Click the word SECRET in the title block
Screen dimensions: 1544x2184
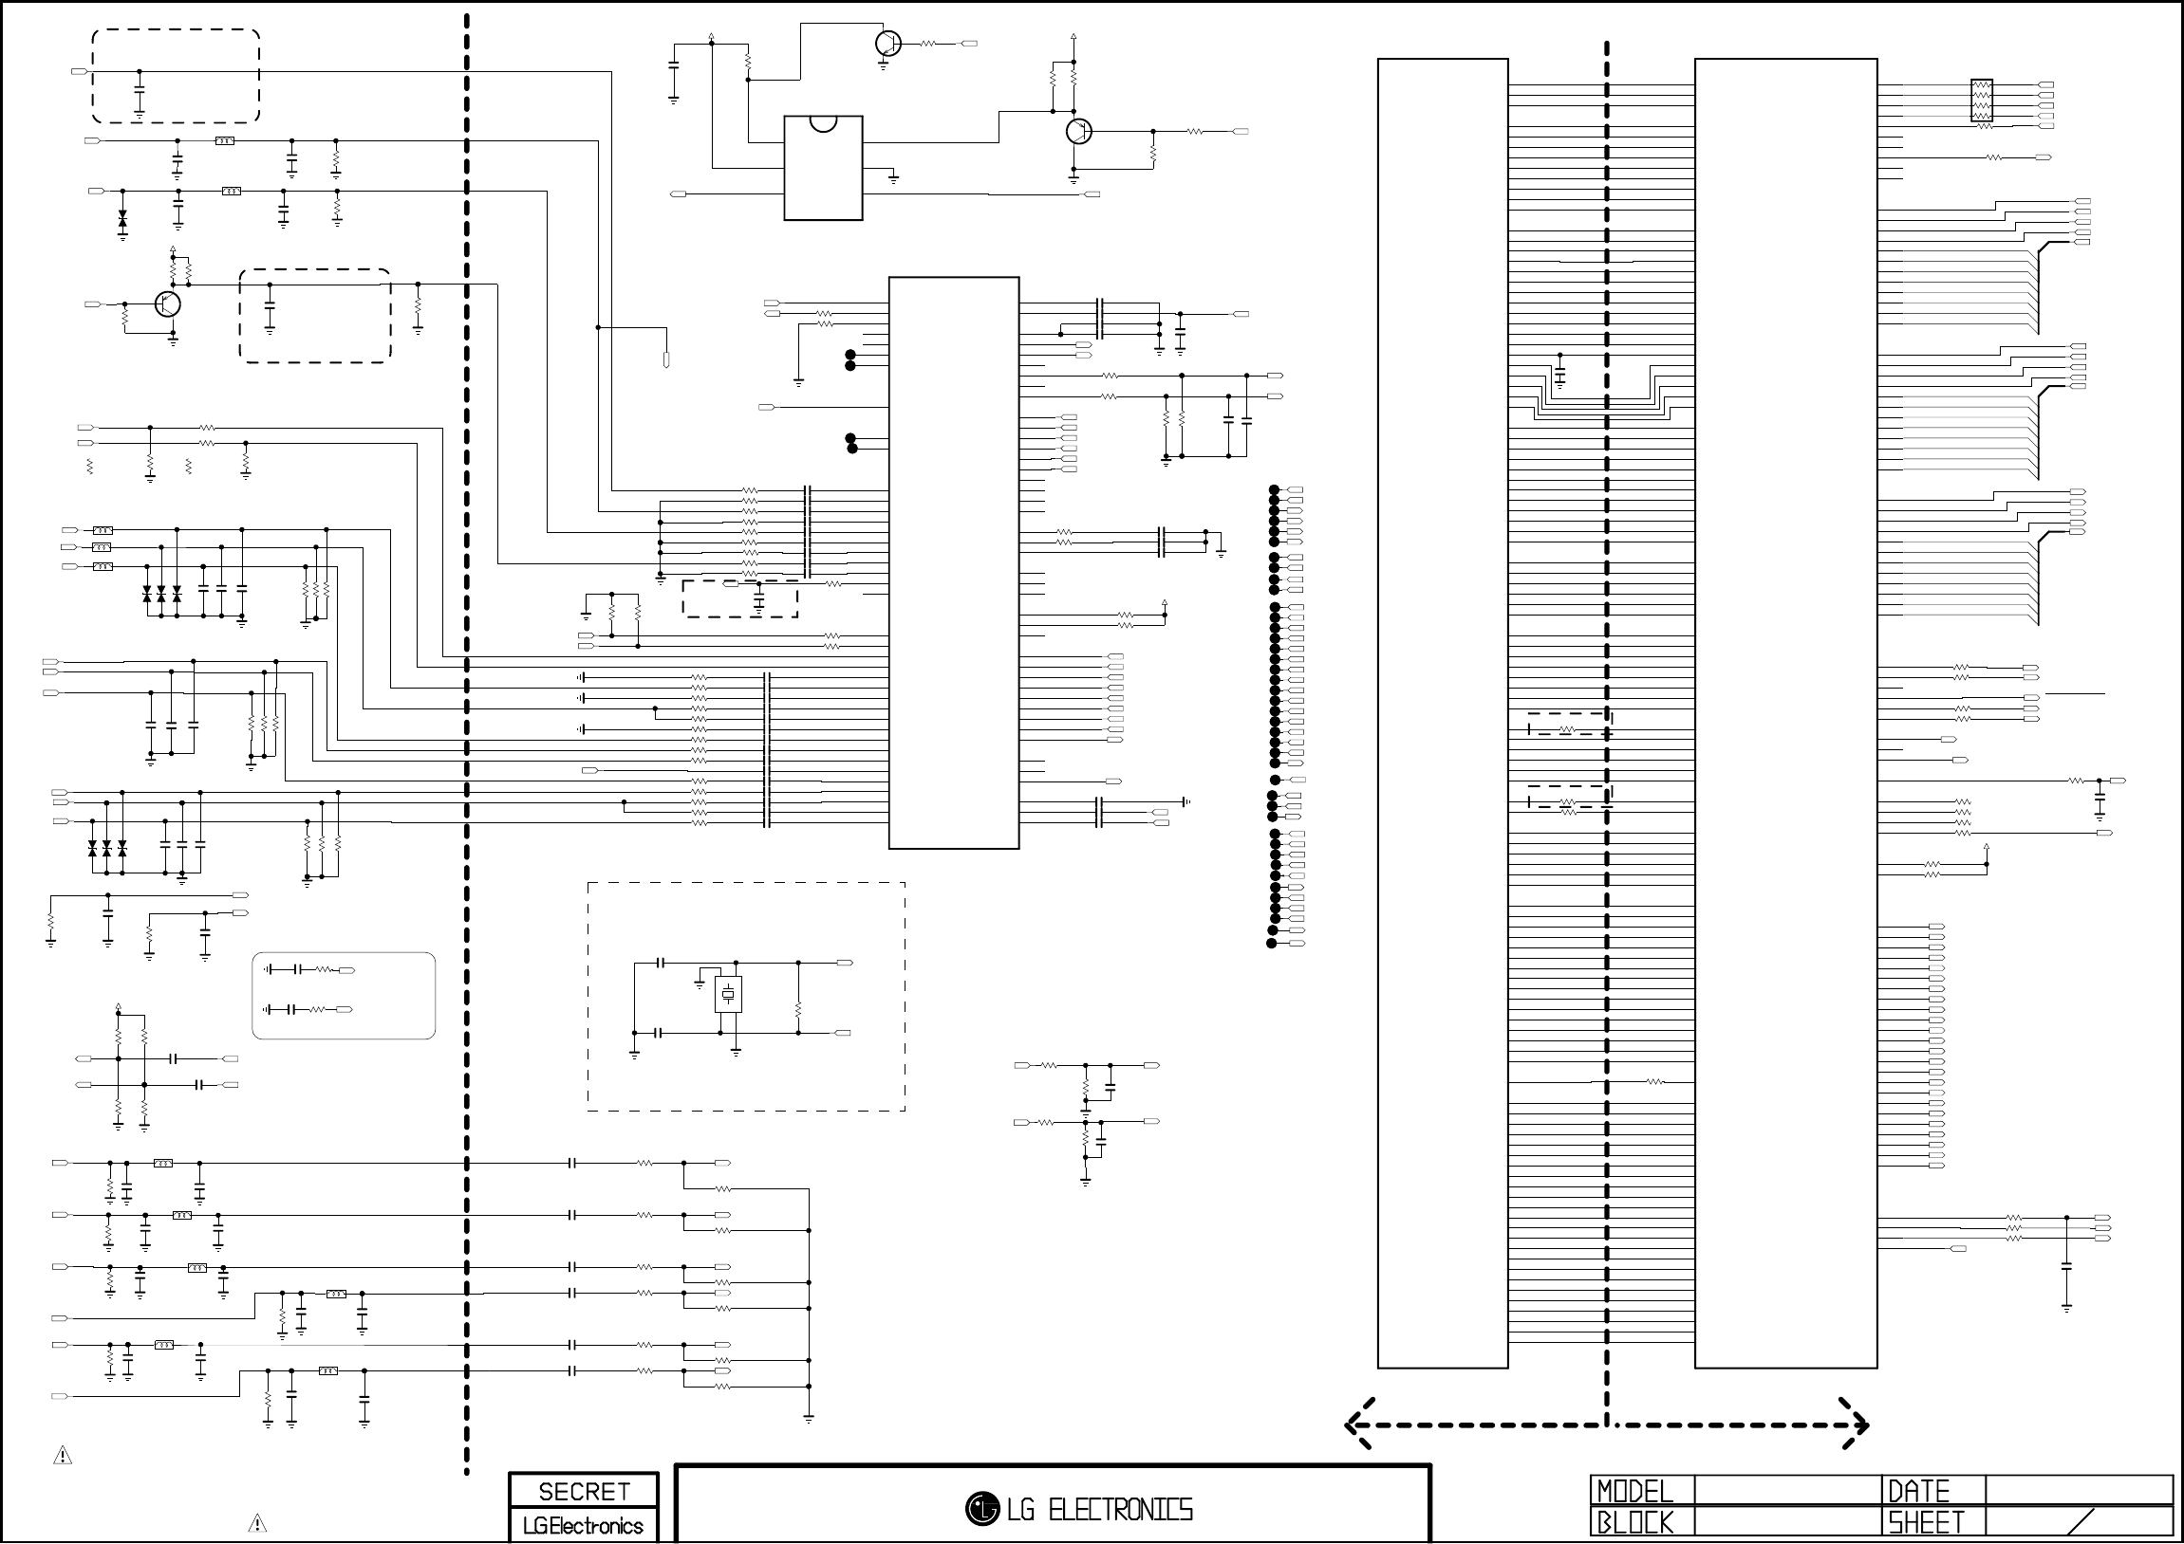click(x=583, y=1491)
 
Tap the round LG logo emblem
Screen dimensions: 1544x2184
click(x=981, y=1509)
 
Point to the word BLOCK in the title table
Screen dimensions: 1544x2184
click(x=1634, y=1522)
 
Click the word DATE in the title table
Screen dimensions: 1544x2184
click(x=1917, y=1490)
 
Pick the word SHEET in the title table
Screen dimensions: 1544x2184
click(x=1925, y=1522)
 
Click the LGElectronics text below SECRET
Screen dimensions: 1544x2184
click(x=583, y=1526)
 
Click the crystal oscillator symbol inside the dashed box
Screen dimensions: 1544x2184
click(x=728, y=995)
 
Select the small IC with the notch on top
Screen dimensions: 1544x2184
click(x=823, y=167)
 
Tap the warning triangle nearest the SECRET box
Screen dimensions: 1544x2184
click(x=257, y=1523)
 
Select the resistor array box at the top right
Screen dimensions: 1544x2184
click(x=1982, y=100)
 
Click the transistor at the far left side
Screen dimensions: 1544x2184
click(x=167, y=304)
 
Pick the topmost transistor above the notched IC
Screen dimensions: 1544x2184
click(x=887, y=44)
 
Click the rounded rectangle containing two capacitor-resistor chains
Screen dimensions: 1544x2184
click(x=344, y=996)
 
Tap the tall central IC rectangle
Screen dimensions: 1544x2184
click(x=953, y=562)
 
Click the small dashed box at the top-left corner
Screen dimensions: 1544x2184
click(x=176, y=76)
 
